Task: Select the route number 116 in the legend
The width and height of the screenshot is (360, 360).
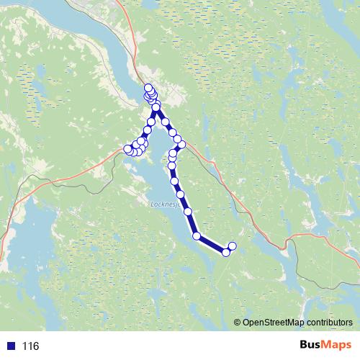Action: [30, 346]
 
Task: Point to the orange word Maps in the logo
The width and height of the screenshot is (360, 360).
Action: [334, 346]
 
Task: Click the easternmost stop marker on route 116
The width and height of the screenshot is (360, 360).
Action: [232, 246]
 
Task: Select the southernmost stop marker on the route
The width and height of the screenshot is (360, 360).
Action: [225, 252]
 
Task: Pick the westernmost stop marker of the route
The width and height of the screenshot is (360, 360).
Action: [128, 149]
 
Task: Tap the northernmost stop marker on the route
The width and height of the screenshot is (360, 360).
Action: [148, 88]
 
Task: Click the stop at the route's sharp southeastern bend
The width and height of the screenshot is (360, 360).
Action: [197, 235]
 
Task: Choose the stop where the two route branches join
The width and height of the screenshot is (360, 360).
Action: [156, 108]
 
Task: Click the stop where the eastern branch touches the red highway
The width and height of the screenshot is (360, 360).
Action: [181, 145]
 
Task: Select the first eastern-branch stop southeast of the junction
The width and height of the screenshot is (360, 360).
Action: [165, 122]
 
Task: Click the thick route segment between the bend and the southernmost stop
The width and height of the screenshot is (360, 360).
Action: [211, 243]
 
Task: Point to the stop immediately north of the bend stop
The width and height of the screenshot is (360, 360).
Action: [188, 212]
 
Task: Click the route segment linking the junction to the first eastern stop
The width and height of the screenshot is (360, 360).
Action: [161, 115]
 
